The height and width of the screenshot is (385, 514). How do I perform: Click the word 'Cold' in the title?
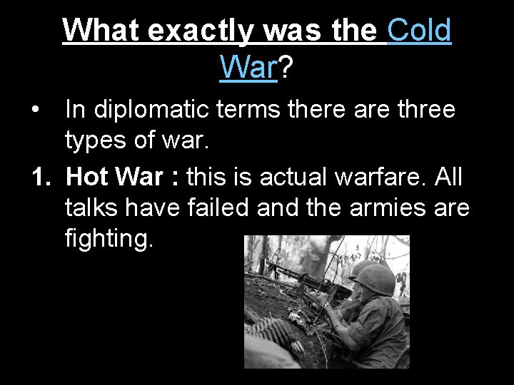(x=419, y=30)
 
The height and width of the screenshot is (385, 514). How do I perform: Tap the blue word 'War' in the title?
(x=248, y=67)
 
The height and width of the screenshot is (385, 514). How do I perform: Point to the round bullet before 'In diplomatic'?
(x=36, y=111)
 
